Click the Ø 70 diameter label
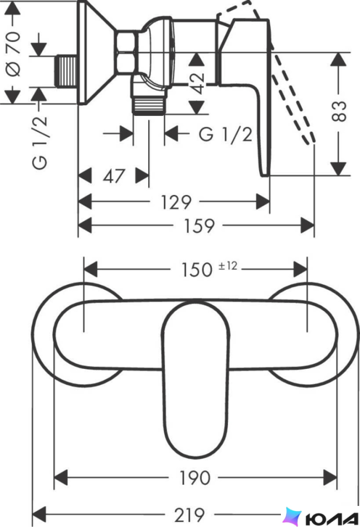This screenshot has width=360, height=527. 14,54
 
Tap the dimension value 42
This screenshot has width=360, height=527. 197,83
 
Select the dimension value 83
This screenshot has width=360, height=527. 338,111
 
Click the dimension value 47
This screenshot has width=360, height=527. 114,176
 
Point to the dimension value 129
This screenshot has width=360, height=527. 176,202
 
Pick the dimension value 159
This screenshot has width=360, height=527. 199,226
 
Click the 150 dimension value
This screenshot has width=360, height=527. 197,269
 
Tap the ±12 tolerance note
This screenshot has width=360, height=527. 228,266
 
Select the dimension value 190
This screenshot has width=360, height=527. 195,478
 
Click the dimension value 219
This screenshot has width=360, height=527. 189,515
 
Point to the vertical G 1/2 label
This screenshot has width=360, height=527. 40,143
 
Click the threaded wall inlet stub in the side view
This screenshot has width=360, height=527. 66,71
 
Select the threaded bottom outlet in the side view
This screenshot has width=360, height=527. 149,105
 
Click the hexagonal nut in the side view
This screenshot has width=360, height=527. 127,52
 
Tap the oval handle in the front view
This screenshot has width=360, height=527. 196,380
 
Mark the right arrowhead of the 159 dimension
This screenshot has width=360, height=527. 307,226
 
